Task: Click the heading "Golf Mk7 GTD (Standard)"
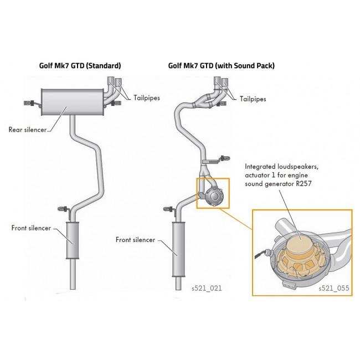(80, 66)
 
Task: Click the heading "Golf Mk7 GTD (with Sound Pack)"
(222, 66)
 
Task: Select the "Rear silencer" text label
(28, 130)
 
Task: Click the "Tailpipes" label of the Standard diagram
(146, 98)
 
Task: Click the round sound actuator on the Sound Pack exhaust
(214, 196)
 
